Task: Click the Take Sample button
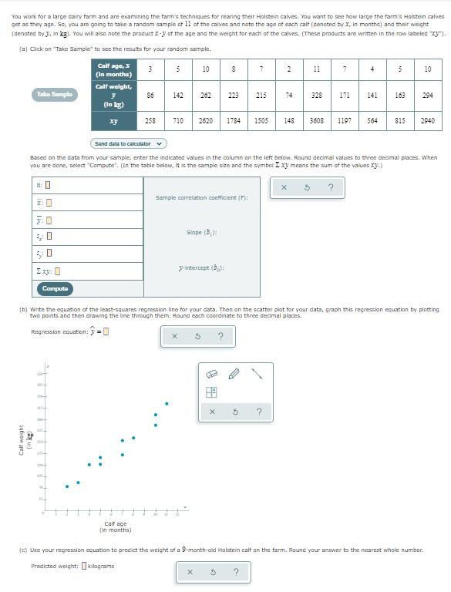pos(56,94)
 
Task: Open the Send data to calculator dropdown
pos(129,143)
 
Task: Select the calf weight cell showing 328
pos(317,95)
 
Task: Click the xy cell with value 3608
pos(317,121)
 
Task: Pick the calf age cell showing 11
pos(317,69)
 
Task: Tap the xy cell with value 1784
pos(233,121)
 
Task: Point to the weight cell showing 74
pos(289,95)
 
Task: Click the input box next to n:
pos(48,185)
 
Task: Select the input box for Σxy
pos(57,271)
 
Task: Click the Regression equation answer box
pos(106,332)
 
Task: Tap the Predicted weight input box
pos(84,566)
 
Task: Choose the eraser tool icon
pos(212,374)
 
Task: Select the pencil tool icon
pos(234,374)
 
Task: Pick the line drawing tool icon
pos(257,373)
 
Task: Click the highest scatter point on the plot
pos(166,403)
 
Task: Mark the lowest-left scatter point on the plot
pos(67,486)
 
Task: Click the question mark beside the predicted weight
pos(236,572)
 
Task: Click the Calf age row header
pos(114,69)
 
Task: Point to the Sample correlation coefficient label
pos(202,198)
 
